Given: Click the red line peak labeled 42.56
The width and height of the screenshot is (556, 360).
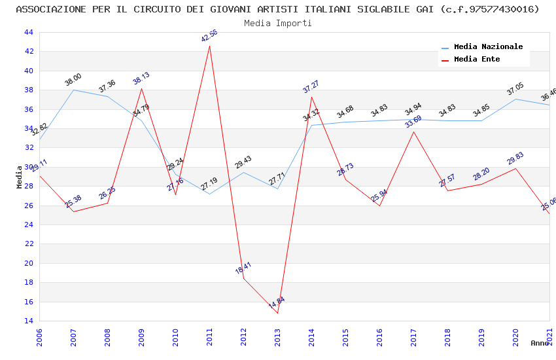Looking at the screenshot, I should pos(209,46).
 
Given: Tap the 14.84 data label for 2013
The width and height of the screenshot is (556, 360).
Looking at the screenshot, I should pos(277,302).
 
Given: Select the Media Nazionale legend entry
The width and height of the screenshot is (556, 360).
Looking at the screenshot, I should pos(488,47).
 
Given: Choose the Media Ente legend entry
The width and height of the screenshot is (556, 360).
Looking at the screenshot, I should pos(477,60).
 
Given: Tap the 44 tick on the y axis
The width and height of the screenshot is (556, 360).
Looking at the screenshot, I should pos(28,32).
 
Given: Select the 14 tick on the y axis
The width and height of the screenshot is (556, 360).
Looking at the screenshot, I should pos(28,321).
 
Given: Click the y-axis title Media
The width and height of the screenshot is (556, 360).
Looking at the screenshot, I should pos(20,177).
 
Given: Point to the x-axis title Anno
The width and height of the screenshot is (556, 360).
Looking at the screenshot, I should pos(540,343).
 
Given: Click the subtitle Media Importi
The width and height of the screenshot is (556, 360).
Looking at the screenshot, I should pos(278,23).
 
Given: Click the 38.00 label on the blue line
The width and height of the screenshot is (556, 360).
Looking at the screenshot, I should pos(73,80).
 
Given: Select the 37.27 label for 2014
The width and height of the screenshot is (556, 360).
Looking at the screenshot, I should pos(311,86).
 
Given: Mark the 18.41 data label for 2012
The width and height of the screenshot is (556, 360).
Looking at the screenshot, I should pos(243,268).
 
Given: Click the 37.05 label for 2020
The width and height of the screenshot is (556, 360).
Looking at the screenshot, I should pos(515,89).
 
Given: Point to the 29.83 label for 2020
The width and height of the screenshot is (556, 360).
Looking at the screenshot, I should pos(515,158).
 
